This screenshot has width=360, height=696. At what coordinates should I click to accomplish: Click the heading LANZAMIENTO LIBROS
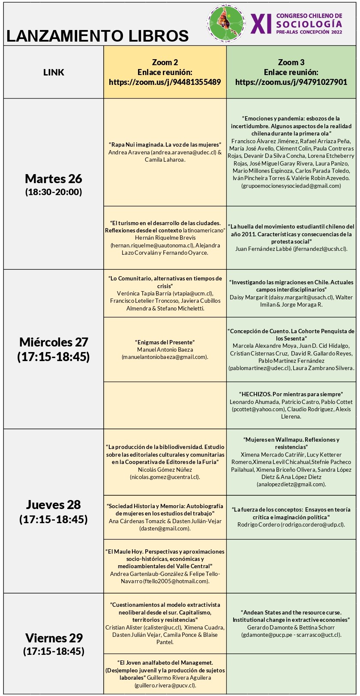[98, 36]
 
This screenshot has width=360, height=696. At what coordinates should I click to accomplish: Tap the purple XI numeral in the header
[261, 24]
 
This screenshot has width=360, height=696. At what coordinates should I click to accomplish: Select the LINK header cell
[54, 72]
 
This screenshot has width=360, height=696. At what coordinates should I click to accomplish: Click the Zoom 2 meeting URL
[165, 82]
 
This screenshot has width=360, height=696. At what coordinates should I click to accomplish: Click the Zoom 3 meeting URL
[291, 82]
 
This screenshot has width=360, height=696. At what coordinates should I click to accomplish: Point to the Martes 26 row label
[54, 178]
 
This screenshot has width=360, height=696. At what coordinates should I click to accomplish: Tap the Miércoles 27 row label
[54, 342]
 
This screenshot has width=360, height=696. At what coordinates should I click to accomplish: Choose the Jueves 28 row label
[54, 504]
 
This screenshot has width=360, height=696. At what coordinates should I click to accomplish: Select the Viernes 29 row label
[54, 638]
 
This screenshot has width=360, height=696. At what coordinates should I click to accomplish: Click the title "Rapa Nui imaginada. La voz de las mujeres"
[165, 145]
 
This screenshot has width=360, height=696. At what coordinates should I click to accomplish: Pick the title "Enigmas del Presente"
[165, 342]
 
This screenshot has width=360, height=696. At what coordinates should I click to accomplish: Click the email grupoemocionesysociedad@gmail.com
[291, 186]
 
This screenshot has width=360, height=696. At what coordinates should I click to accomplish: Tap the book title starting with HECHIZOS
[291, 394]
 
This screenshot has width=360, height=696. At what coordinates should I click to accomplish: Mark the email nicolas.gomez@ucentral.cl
[165, 477]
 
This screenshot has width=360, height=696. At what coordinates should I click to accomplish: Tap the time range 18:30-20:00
[54, 192]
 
